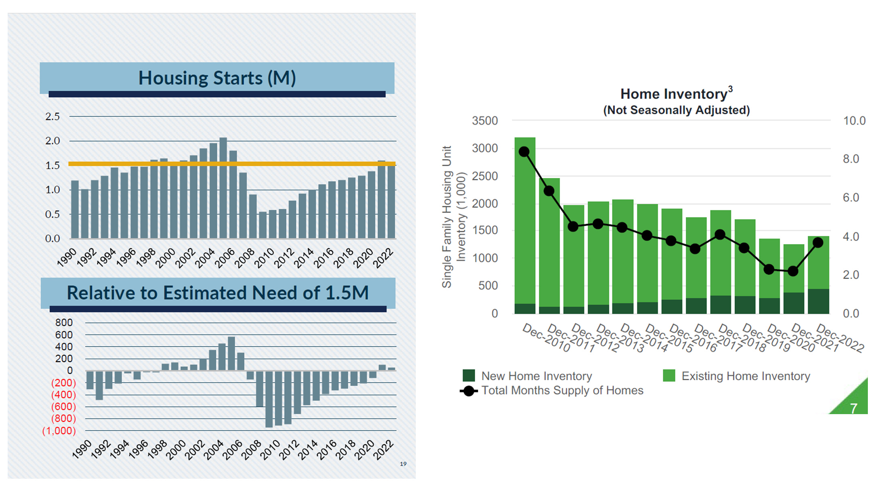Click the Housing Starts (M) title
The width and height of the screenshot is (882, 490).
point(217,78)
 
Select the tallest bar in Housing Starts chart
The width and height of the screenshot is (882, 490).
point(223,188)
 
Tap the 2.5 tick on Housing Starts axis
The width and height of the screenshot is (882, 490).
point(52,117)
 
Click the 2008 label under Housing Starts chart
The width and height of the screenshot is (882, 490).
point(245,258)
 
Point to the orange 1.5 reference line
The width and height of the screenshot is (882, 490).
point(121,164)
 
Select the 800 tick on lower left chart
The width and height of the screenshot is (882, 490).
point(64,322)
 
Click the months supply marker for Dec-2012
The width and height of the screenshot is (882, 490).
point(573,226)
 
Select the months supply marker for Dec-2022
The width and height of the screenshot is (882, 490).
point(818,243)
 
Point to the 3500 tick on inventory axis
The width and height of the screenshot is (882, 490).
point(485,121)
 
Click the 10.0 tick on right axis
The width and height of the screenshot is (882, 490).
point(854,121)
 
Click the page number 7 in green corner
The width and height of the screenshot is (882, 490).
point(853,408)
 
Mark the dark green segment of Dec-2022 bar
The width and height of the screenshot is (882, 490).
point(818,301)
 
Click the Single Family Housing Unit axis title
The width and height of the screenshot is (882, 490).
point(446,217)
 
